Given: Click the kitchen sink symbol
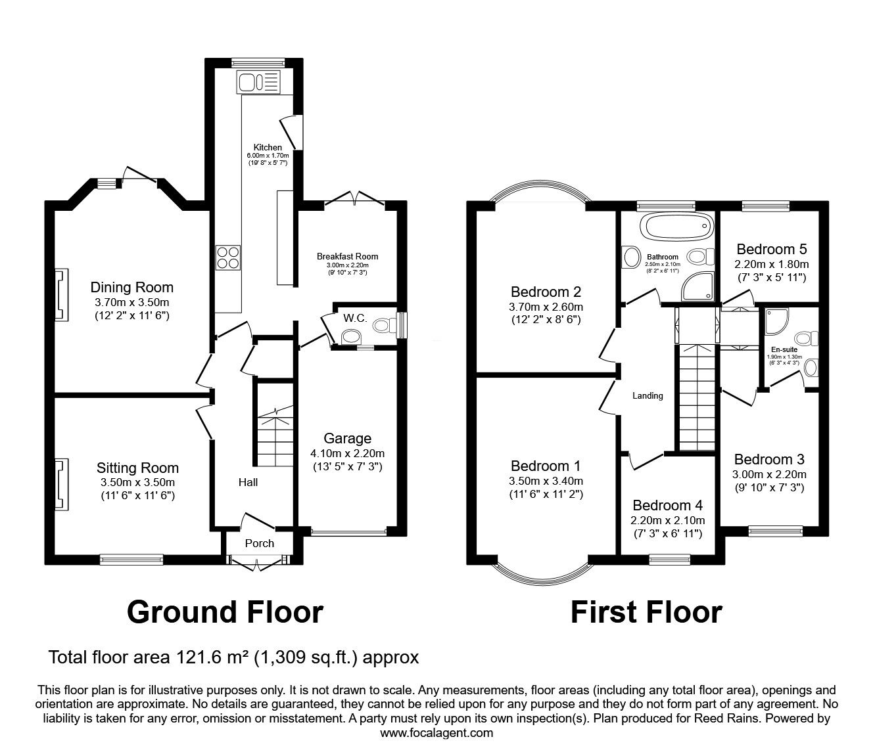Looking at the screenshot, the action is click(259, 82).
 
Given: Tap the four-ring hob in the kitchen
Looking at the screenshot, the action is click(228, 257).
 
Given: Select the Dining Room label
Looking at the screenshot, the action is click(131, 288).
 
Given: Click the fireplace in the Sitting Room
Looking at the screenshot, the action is click(61, 484).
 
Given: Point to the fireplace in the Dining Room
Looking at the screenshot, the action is click(61, 295).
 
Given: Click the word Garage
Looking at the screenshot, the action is click(348, 439).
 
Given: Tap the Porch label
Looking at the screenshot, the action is click(259, 543).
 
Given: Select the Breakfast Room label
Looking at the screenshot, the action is click(348, 256).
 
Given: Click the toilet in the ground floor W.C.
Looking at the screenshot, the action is click(385, 325).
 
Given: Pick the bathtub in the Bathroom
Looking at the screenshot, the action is click(677, 227).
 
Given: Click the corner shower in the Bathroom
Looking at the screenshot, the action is click(697, 286).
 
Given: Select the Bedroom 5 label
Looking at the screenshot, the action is click(772, 249).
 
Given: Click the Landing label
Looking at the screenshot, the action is click(648, 395).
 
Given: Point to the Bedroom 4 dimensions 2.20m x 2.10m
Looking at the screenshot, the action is click(668, 520).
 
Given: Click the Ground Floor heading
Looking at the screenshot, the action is click(225, 612).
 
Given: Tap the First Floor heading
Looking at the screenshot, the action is click(647, 612).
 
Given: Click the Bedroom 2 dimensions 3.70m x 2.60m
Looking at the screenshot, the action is click(546, 307).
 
